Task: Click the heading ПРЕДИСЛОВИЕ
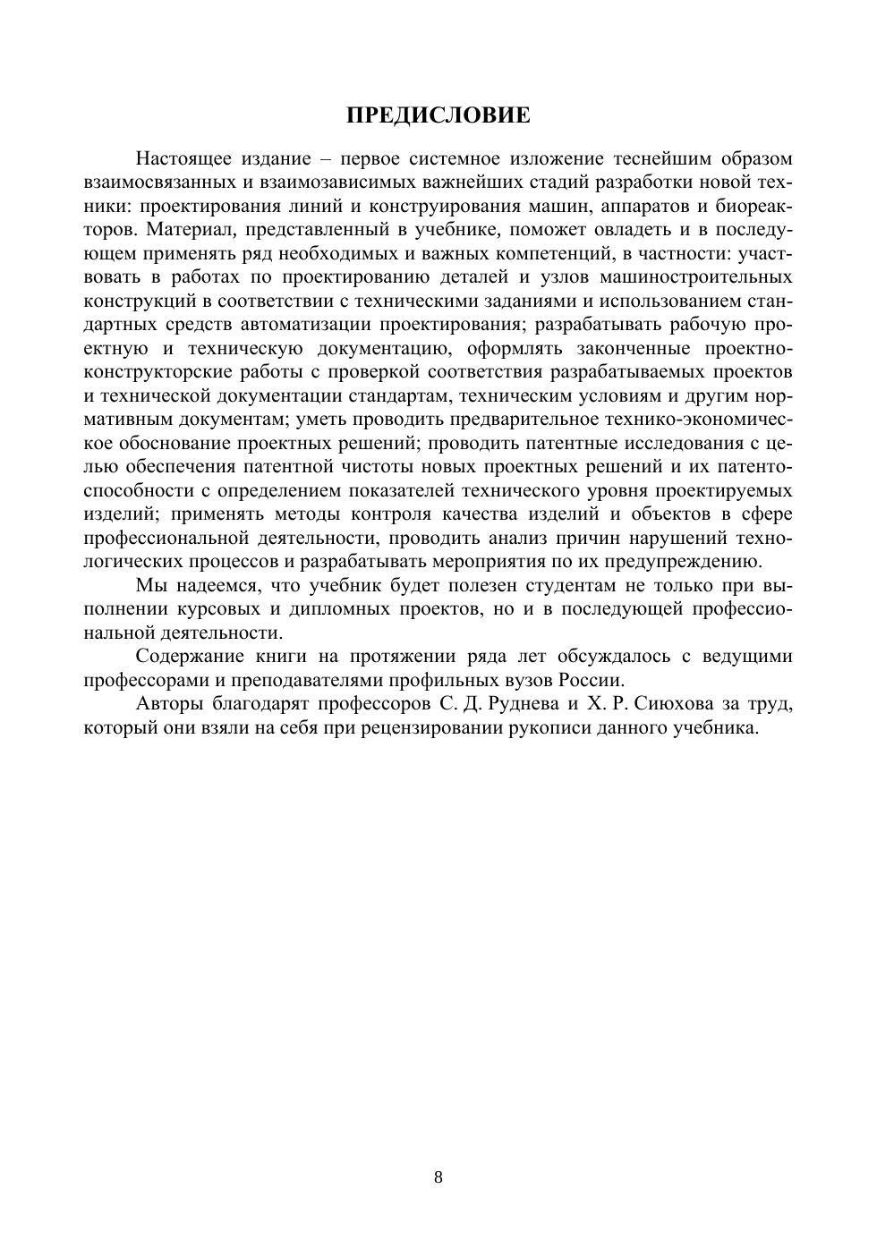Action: point(438,115)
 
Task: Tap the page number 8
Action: point(438,1176)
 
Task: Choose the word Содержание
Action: point(190,657)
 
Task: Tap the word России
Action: point(589,680)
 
